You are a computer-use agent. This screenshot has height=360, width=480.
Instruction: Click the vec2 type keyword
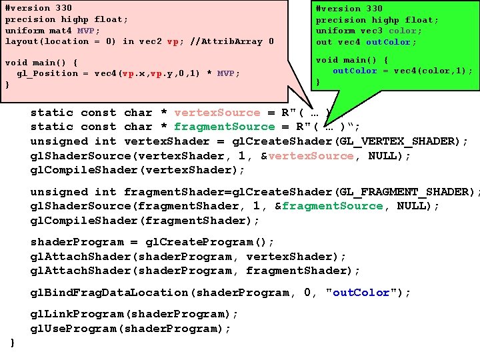149,41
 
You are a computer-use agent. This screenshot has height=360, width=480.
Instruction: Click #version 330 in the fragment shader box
349,9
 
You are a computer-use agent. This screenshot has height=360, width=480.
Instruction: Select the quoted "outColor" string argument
365,293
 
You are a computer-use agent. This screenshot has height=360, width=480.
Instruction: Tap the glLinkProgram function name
67,314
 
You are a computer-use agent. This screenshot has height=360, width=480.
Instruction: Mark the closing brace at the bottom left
13,343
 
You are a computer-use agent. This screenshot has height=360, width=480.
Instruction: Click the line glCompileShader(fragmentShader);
145,221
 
